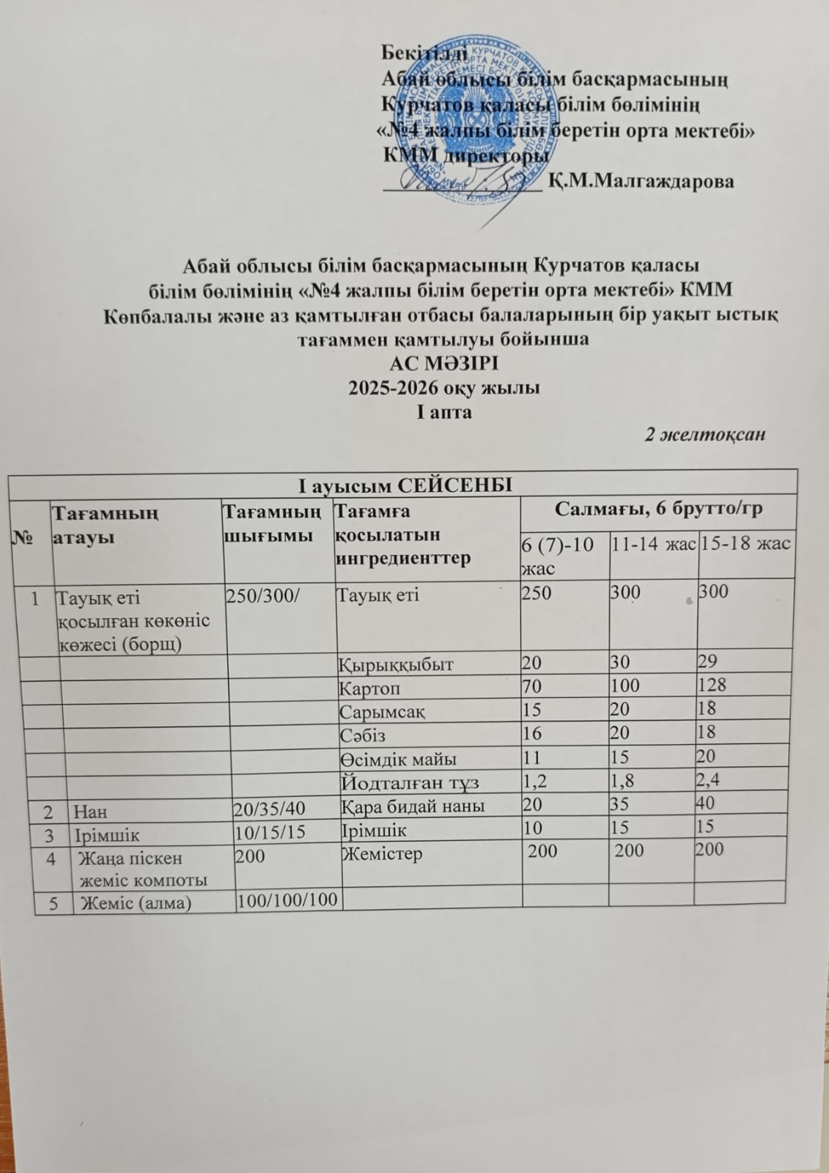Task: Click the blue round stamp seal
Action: (x=476, y=125)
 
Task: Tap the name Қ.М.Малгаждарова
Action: (x=641, y=180)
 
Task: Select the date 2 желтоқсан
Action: (x=704, y=434)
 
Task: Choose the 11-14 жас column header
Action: (x=653, y=544)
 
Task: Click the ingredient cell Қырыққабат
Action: (x=396, y=664)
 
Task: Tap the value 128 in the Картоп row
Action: (x=712, y=685)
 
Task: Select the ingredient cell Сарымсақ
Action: (x=382, y=711)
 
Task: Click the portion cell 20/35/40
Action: (x=268, y=809)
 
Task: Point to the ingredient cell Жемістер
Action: (x=382, y=853)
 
